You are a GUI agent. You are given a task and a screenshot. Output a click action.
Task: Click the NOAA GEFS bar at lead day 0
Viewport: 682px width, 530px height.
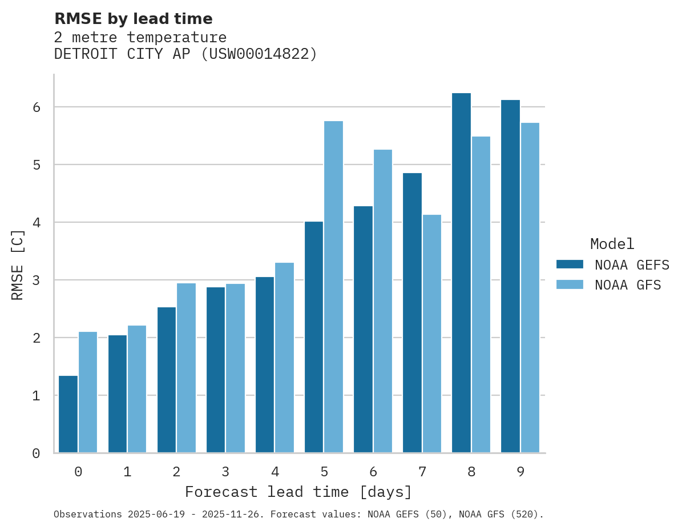click(68, 414)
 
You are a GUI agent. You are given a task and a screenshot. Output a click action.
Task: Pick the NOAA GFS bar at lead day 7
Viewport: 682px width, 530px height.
click(431, 334)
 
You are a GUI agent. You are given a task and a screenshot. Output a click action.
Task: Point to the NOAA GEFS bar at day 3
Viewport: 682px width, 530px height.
click(216, 370)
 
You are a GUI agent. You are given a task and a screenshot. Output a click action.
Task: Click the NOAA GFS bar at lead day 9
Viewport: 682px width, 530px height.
click(530, 288)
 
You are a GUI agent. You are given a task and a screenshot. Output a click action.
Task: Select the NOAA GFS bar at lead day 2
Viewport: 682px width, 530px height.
click(186, 368)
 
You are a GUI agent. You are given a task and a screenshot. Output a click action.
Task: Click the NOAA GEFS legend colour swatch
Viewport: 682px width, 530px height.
click(570, 264)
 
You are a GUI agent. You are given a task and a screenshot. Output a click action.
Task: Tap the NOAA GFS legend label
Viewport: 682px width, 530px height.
click(628, 285)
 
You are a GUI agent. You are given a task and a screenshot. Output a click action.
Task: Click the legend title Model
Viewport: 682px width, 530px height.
click(612, 244)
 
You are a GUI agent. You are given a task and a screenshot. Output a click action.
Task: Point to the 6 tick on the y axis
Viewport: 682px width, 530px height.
click(36, 107)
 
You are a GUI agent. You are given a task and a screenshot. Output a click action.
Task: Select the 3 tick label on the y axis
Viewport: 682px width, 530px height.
click(36, 280)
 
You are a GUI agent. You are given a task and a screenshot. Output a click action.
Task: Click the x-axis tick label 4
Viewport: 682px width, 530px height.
click(275, 472)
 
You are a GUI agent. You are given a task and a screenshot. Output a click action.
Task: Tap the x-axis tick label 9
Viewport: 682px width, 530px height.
click(520, 472)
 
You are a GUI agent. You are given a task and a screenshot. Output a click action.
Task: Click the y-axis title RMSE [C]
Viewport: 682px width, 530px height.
click(18, 264)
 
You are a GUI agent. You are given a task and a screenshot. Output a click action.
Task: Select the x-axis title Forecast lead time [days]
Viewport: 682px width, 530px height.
click(298, 492)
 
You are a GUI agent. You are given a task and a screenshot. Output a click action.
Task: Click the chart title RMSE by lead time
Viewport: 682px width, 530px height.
click(134, 19)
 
